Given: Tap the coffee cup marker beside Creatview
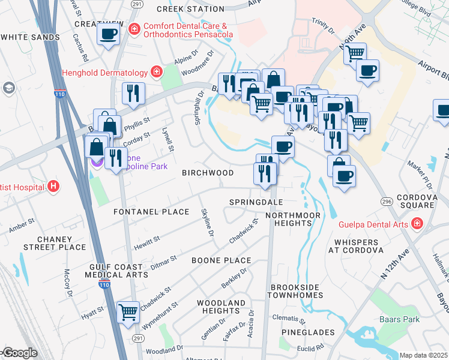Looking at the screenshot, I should (108, 34).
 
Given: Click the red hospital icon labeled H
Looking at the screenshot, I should (53, 187).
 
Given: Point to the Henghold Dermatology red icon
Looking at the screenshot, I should (156, 73).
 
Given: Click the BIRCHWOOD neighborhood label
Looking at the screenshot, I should (208, 173).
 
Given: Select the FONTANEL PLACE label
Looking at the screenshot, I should (151, 212).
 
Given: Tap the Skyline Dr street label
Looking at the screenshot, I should (208, 223).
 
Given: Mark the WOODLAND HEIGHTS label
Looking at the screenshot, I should (221, 307).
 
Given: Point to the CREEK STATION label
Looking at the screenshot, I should (181, 9).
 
